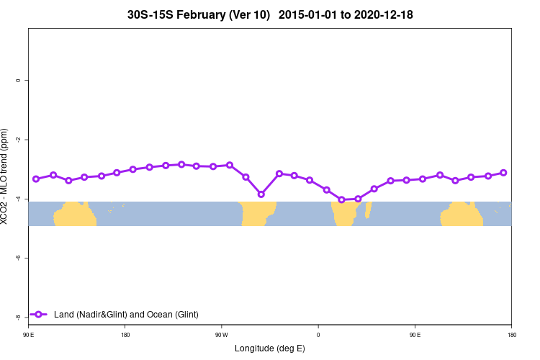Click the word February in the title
click(202, 14)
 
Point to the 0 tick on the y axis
click(17, 81)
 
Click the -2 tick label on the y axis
click(17, 140)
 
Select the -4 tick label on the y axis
click(17, 199)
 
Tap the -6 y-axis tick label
click(17, 258)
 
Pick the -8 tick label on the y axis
click(17, 317)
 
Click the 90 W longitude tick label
click(222, 335)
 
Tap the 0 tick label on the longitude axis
click(318, 335)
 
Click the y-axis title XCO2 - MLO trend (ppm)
click(6, 176)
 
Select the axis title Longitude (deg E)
click(270, 348)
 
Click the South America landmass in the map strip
click(258, 213)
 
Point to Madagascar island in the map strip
click(369, 210)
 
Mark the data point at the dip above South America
click(261, 194)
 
